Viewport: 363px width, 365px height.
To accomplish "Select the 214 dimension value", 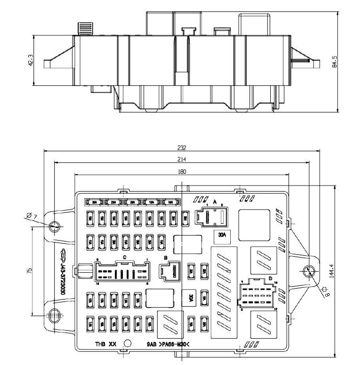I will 181,159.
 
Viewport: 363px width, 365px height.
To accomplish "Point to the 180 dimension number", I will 181,172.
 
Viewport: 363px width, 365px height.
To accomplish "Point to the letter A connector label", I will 215,202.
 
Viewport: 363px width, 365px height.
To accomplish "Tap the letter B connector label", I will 165,258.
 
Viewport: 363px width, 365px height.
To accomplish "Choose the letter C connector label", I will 124,257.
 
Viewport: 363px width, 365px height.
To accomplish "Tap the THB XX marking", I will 106,344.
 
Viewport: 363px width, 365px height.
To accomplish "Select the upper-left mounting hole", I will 55,226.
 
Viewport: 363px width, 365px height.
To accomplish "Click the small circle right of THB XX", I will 127,344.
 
